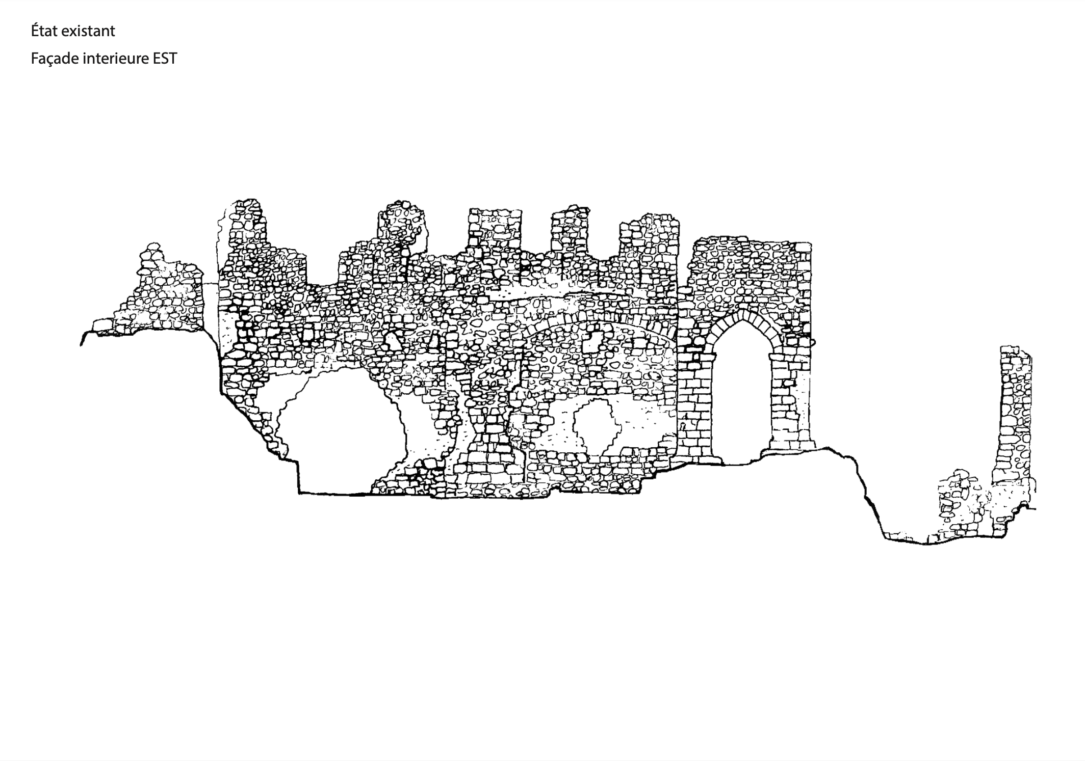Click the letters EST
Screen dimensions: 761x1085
[165, 59]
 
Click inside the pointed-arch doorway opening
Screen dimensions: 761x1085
[742, 397]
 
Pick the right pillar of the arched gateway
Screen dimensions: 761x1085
[788, 402]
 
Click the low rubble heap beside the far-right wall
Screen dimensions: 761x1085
[956, 504]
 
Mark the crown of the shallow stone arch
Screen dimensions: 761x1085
[602, 318]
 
